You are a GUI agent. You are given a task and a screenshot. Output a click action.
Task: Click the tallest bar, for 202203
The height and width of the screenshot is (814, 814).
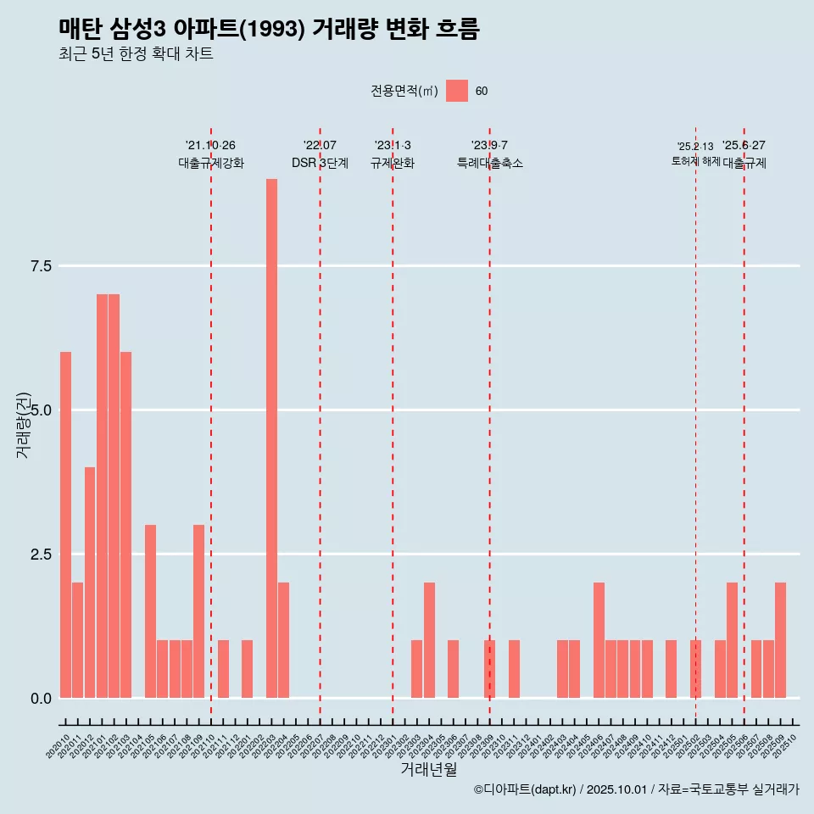tap(271, 438)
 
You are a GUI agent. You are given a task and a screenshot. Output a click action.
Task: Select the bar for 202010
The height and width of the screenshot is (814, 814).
tap(65, 525)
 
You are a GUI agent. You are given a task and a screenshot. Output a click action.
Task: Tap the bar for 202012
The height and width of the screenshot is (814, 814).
tap(90, 583)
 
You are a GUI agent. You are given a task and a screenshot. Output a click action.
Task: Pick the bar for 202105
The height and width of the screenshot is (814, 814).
tap(150, 611)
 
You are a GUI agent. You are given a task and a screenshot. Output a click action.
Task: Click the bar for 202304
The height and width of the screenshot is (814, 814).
tap(429, 640)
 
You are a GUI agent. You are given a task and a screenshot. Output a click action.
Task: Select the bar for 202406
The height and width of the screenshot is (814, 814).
tap(599, 640)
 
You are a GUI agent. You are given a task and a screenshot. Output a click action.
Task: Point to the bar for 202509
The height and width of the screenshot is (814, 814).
tap(780, 640)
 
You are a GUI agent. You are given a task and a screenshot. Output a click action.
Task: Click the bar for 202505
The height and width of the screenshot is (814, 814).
tap(732, 640)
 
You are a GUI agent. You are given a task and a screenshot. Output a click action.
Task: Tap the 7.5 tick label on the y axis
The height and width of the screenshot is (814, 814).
tap(41, 266)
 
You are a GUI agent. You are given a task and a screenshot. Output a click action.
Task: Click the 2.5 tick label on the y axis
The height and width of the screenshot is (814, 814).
tap(41, 555)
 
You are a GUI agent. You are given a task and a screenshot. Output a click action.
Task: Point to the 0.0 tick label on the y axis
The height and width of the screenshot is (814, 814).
tap(41, 699)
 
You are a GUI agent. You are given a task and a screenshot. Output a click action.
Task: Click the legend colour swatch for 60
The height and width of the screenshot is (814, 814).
tap(457, 91)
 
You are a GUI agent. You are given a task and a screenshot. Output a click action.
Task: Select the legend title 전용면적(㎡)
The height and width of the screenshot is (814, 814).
tap(404, 91)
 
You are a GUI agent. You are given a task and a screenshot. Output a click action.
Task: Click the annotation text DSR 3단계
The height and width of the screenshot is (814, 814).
tap(320, 164)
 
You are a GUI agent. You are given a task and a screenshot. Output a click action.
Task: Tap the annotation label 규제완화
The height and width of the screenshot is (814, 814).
tap(393, 164)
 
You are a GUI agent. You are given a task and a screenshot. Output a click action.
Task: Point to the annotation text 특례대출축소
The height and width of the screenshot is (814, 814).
tap(490, 164)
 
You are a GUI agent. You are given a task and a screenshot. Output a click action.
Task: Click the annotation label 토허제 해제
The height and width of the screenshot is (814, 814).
tap(695, 161)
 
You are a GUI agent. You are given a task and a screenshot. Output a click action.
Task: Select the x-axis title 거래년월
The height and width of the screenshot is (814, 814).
tap(428, 769)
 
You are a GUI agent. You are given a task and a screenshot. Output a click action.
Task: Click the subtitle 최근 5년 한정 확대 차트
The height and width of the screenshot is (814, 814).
tap(136, 54)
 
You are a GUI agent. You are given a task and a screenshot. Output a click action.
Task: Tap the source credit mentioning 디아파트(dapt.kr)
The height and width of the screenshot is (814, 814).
tap(636, 789)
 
